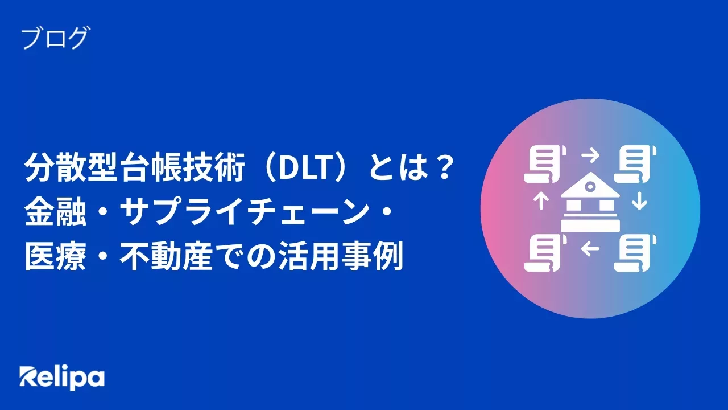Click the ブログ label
55,38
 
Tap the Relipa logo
62,376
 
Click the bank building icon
590,203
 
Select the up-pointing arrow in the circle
541,201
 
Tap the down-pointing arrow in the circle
640,201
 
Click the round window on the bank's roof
590,186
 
